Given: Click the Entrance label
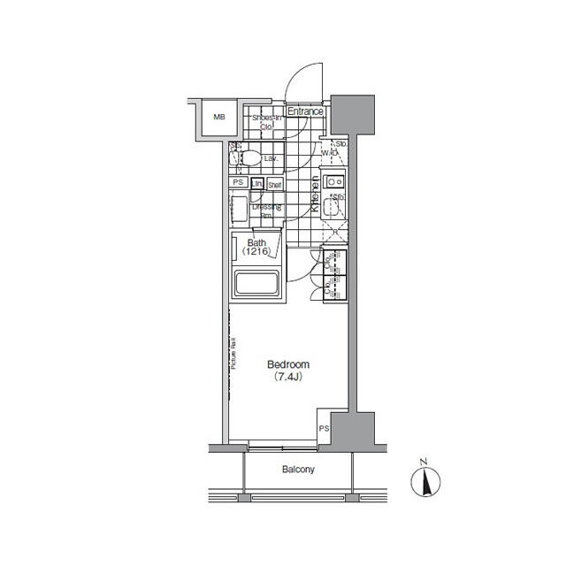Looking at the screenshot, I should point(305,112).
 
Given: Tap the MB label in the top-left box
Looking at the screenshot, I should point(217,117).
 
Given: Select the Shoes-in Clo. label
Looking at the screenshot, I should point(266,122).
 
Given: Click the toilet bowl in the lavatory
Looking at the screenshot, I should point(250,158).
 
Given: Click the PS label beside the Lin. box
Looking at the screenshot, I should point(237,182).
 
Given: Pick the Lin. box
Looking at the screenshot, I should point(256,184).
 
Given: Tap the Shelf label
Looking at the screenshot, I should point(274,185).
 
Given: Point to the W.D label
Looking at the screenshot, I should point(329,153).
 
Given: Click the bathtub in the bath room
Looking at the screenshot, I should point(256,285).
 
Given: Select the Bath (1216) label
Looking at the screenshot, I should point(256,247).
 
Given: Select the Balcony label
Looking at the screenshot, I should point(298,470).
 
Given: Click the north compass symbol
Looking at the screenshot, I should point(425,482).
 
